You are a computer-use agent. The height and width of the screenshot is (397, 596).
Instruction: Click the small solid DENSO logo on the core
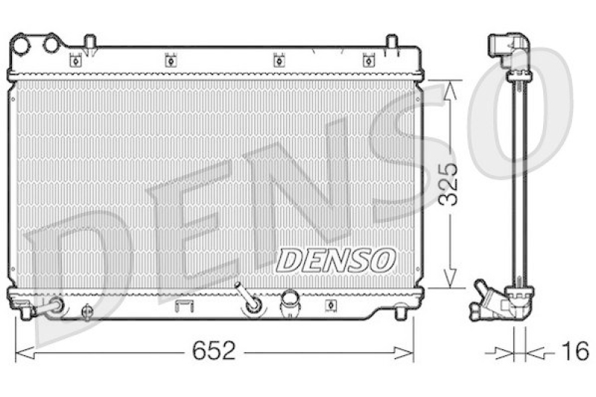pyautogui.click(x=335, y=260)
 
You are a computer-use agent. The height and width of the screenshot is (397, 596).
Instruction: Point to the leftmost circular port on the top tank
pyautogui.click(x=23, y=45)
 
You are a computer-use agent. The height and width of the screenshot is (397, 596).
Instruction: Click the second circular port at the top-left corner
pyautogui.click(x=51, y=45)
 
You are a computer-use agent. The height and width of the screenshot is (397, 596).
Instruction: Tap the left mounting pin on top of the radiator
pyautogui.click(x=89, y=43)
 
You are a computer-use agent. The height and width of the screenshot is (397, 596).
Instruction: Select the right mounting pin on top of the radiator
pyautogui.click(x=392, y=43)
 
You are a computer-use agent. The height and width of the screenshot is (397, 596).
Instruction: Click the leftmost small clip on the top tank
pyautogui.click(x=74, y=60)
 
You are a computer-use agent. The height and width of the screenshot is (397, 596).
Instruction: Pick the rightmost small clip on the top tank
pyautogui.click(x=367, y=60)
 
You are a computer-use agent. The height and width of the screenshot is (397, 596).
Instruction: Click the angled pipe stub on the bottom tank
pyautogui.click(x=249, y=298)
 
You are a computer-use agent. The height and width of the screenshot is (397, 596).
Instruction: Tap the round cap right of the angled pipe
pyautogui.click(x=288, y=304)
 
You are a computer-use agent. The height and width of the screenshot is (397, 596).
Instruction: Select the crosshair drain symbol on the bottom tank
pyautogui.click(x=86, y=311)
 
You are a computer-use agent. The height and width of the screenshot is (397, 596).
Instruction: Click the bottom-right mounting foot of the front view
pyautogui.click(x=400, y=314)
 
